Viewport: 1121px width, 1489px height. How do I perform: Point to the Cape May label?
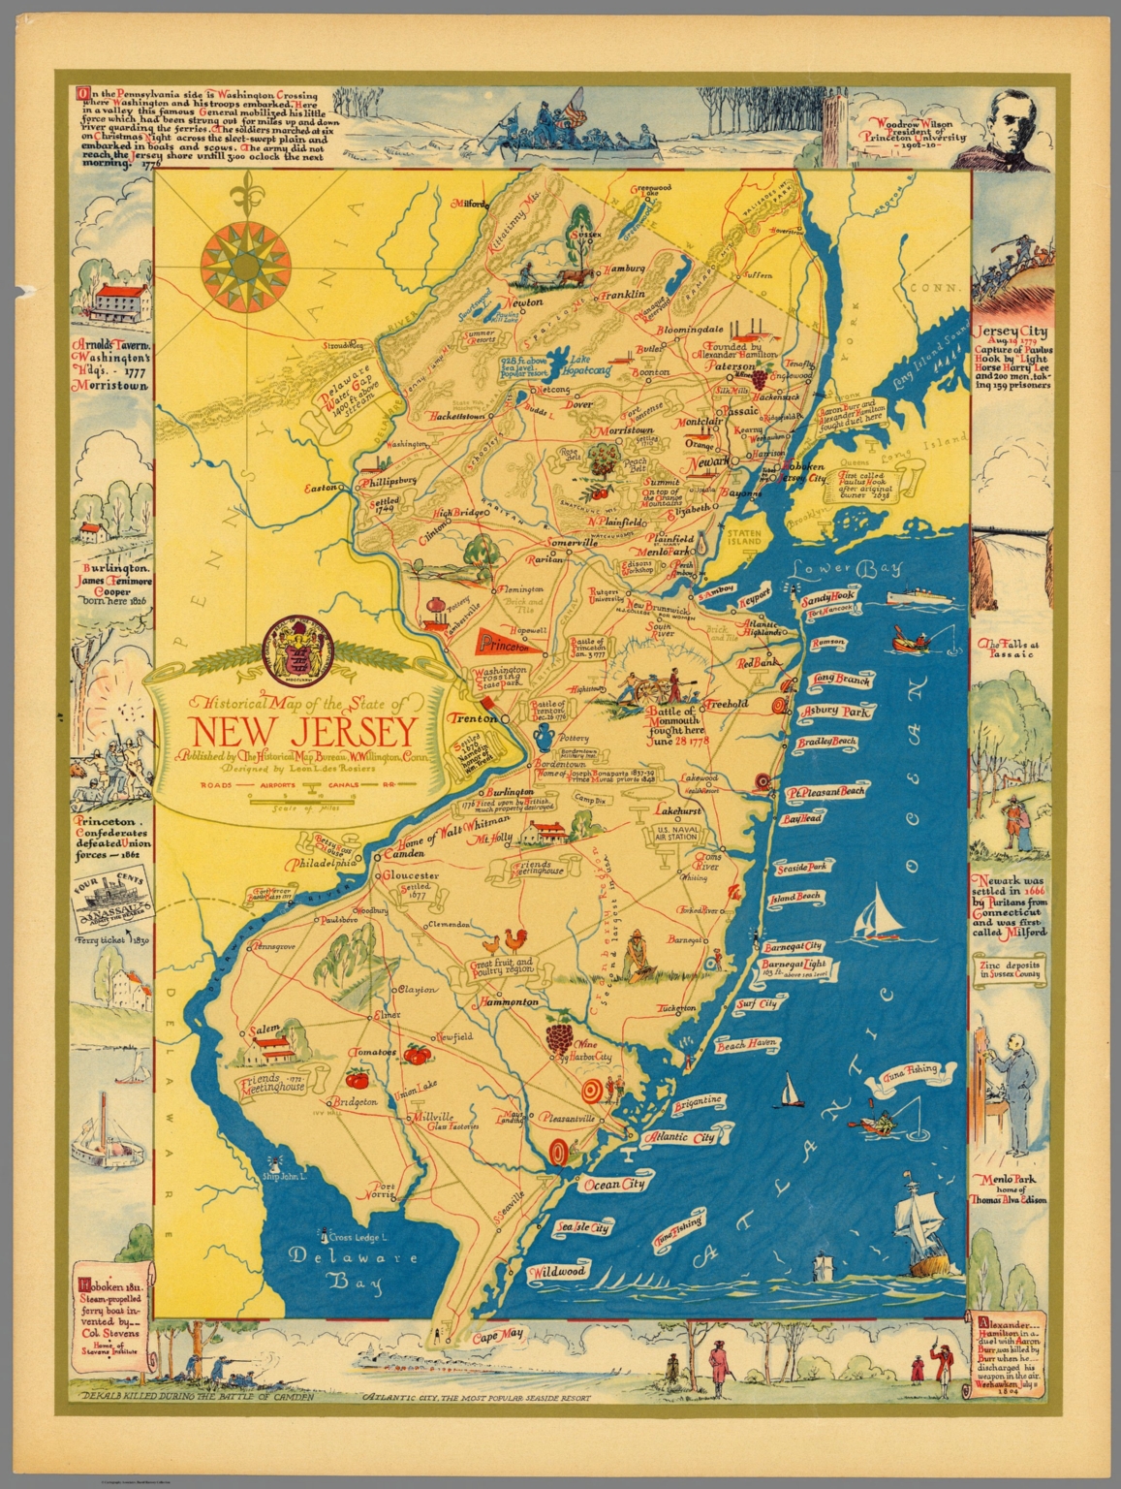click(497, 1335)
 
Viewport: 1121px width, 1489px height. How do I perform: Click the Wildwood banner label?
click(558, 1271)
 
